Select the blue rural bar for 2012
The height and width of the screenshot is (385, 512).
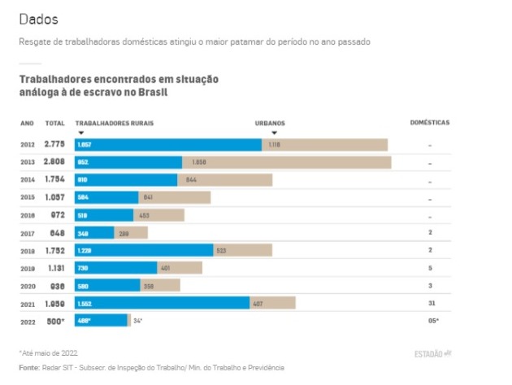167,145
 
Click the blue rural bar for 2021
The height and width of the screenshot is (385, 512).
162,303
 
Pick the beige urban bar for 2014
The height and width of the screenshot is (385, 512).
225,180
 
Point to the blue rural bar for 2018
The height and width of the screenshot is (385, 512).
144,250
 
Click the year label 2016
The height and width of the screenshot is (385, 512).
28,215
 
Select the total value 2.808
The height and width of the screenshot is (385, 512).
54,162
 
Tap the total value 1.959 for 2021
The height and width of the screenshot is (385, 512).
54,303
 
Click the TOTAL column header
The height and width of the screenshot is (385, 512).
54,123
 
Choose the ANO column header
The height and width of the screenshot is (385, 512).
27,123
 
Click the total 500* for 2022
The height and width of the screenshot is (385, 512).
54,321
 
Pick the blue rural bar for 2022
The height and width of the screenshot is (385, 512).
101,321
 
